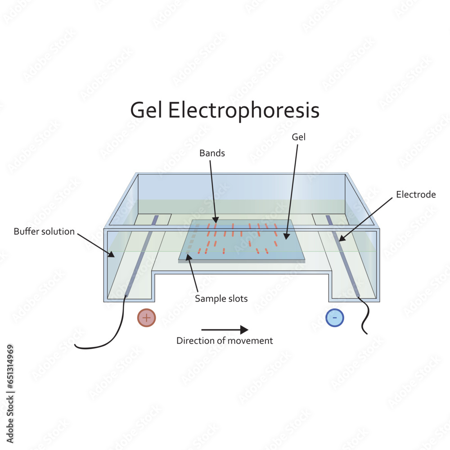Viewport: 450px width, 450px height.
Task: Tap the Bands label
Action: (212, 153)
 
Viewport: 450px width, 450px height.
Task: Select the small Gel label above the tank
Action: (298, 137)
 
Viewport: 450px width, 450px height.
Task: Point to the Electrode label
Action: (416, 194)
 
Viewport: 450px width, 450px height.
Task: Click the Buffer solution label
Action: (44, 232)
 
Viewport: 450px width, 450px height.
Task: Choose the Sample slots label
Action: (221, 298)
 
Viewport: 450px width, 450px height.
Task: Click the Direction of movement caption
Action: (225, 341)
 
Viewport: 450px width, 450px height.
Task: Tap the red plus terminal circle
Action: (146, 318)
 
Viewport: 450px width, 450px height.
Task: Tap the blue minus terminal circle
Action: (335, 318)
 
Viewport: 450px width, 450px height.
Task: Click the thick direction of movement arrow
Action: (225, 329)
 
